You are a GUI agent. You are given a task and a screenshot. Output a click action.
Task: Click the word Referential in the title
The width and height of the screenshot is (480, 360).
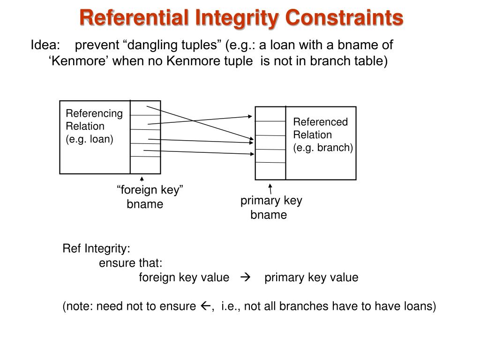[134, 17]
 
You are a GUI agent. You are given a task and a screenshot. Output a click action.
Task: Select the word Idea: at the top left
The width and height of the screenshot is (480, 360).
[45, 45]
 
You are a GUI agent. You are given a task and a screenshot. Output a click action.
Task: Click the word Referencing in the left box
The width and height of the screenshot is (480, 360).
[94, 113]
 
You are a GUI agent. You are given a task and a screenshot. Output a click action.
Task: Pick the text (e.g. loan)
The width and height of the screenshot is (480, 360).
[89, 139]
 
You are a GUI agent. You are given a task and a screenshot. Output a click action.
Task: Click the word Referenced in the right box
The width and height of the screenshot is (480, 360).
[321, 122]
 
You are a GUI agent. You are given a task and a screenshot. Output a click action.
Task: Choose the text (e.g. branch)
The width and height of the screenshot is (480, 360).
[323, 148]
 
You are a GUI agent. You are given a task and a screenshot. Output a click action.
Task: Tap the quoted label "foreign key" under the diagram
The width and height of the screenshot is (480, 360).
[150, 190]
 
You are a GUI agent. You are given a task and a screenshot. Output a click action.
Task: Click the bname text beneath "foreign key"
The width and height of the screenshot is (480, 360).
[145, 204]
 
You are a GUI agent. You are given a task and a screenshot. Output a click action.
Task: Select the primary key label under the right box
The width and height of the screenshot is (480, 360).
[271, 201]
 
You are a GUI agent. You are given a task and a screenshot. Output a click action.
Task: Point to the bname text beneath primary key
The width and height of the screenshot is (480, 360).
[269, 215]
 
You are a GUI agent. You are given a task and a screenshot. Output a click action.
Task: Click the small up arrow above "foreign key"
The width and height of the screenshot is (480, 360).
[142, 179]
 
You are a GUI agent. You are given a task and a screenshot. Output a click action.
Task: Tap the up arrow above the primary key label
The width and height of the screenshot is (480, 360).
[270, 188]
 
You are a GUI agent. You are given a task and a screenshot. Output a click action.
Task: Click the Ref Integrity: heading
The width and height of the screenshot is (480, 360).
[97, 248]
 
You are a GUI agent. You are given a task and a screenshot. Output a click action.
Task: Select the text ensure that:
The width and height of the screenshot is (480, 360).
[130, 263]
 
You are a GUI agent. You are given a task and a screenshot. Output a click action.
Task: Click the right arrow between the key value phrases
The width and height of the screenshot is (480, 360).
[247, 277]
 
